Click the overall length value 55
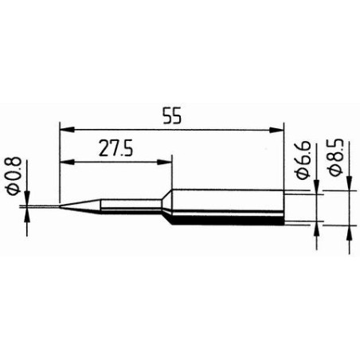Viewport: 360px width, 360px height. click(171, 115)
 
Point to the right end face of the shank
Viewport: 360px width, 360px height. click(284, 208)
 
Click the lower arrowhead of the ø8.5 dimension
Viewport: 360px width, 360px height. click(350, 232)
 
